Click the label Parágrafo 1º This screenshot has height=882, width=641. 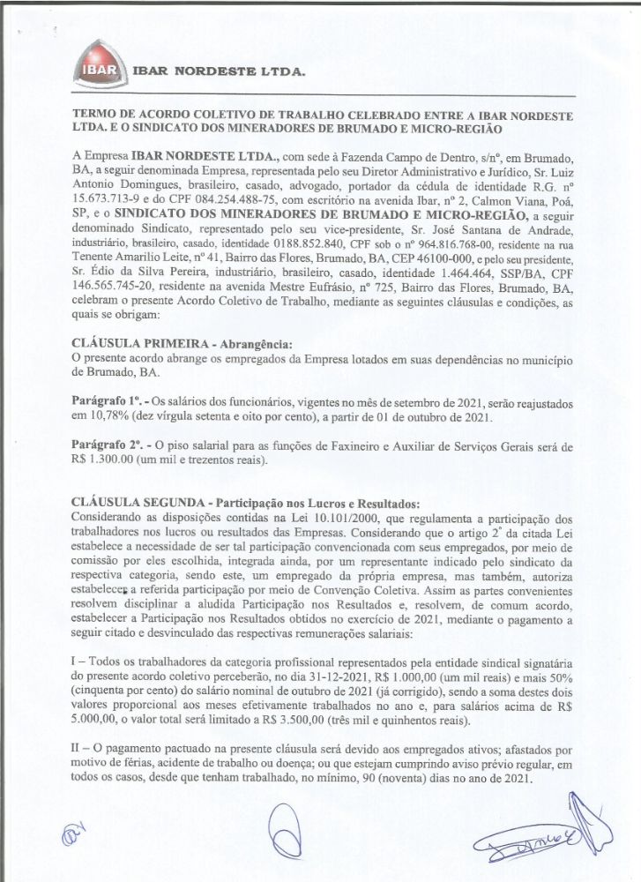point(102,400)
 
